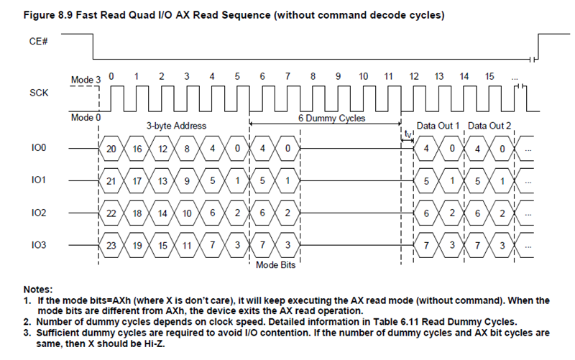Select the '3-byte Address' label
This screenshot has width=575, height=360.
177,126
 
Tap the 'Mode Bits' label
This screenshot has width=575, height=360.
275,265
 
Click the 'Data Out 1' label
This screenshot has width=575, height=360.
438,126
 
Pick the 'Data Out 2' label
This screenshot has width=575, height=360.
489,126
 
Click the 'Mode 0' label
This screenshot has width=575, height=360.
84,117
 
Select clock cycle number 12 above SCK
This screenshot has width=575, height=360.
413,75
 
